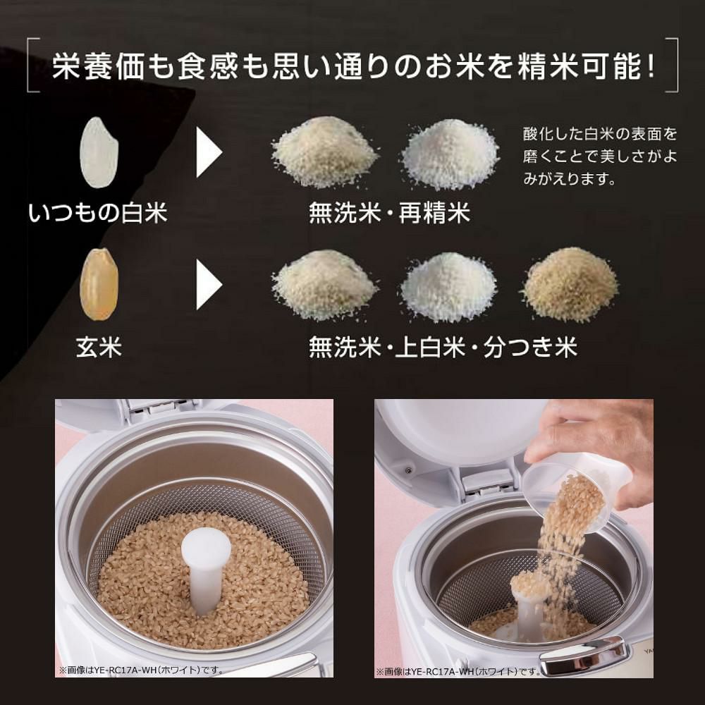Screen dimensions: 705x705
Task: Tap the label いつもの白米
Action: [98, 211]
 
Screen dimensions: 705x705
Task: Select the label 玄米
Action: [99, 347]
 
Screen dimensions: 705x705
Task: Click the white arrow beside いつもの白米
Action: [209, 152]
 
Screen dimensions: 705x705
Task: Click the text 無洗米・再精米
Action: [389, 212]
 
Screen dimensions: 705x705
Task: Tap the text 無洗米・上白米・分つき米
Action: [443, 347]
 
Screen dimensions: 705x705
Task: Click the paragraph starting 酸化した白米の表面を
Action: [599, 156]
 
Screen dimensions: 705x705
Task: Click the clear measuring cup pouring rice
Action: [564, 486]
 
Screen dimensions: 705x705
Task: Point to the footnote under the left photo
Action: [141, 669]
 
